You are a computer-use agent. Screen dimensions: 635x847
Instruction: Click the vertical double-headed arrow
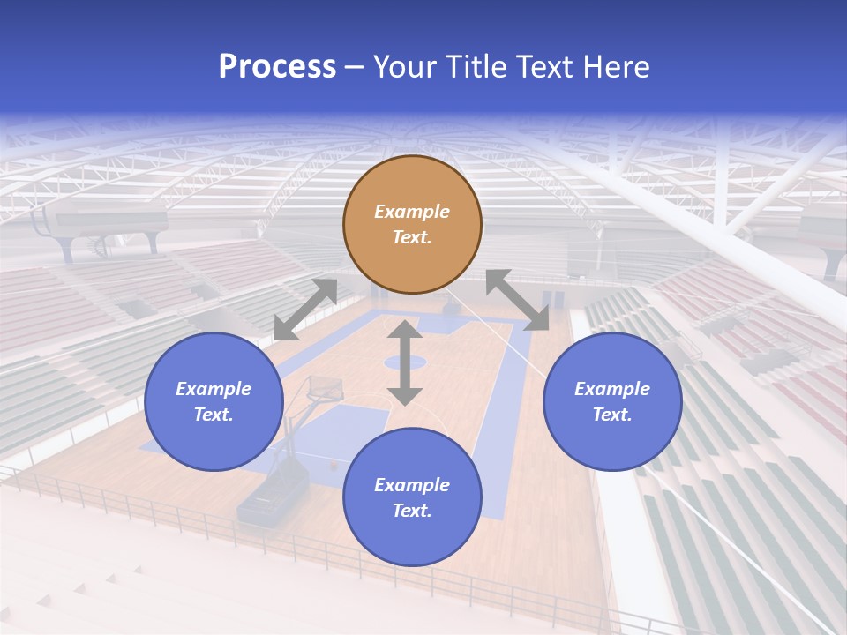[405, 362]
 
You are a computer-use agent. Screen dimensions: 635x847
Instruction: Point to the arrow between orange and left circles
[305, 310]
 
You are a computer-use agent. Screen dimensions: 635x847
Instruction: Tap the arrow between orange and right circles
[518, 300]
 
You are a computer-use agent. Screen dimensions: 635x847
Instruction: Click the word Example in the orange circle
[412, 212]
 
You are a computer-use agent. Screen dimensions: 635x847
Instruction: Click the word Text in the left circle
[214, 415]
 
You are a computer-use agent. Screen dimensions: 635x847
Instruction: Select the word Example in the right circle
[612, 389]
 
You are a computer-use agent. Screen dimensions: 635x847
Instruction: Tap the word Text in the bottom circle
[412, 511]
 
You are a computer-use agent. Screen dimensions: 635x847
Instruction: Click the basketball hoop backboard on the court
[324, 388]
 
